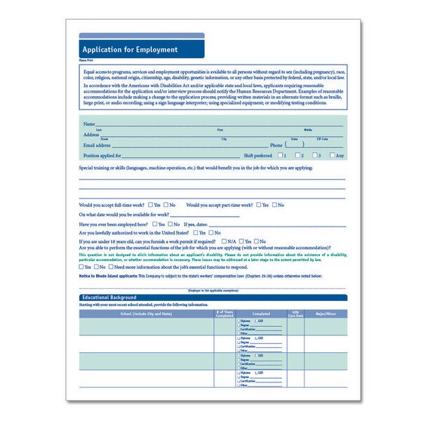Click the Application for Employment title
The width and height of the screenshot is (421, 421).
[x=130, y=50]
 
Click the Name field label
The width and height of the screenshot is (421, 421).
[x=89, y=124]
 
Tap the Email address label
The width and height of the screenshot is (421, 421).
[x=97, y=145]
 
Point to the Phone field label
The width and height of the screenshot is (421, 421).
[x=276, y=145]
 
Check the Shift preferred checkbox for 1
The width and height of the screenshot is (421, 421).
[x=281, y=155]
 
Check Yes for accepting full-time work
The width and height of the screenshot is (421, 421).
[x=150, y=205]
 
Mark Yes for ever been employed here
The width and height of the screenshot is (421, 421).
[x=154, y=224]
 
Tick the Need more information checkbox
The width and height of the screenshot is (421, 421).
[x=110, y=267]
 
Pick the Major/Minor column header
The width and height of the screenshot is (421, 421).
[x=327, y=314]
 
